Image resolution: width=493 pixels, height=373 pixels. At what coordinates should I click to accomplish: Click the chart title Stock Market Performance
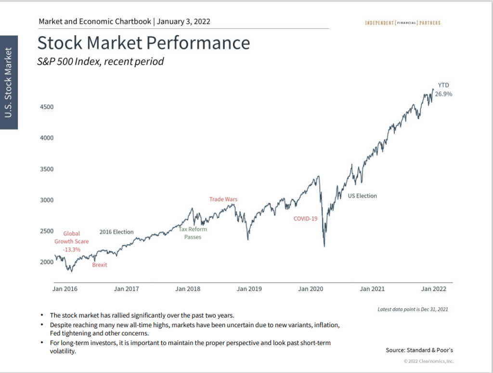coord(143,43)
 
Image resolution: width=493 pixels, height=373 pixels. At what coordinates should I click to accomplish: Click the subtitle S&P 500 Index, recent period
coord(101,62)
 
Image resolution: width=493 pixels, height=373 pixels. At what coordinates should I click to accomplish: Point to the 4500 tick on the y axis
coord(46,107)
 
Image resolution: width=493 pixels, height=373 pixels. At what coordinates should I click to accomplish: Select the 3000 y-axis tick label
coord(46,200)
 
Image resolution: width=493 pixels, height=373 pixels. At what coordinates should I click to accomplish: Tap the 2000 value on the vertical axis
coord(46,262)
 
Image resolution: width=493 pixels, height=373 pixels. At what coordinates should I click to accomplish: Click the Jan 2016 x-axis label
coord(65,289)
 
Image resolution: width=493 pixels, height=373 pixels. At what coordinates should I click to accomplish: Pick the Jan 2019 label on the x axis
coord(249,289)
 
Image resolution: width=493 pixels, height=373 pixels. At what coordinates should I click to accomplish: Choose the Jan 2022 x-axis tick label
coord(433,289)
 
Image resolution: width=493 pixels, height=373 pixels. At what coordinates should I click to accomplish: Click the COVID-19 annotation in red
coord(306,219)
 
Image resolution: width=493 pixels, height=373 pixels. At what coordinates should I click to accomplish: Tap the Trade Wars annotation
coord(223,199)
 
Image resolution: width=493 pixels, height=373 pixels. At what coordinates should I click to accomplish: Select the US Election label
coord(363,196)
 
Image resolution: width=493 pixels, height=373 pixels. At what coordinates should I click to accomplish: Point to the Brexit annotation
coord(100,265)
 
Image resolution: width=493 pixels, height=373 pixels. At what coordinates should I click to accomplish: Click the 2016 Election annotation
coord(117,232)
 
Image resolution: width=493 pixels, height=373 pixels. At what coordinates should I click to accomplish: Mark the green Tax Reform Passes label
coord(193,233)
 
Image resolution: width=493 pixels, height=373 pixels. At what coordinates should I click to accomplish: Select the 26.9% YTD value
coord(443,95)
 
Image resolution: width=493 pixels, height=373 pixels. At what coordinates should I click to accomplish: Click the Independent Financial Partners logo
coord(402,23)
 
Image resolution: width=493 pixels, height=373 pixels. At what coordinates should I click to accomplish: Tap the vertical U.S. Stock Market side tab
coord(8,83)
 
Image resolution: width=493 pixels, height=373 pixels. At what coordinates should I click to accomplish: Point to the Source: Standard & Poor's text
coord(419,350)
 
